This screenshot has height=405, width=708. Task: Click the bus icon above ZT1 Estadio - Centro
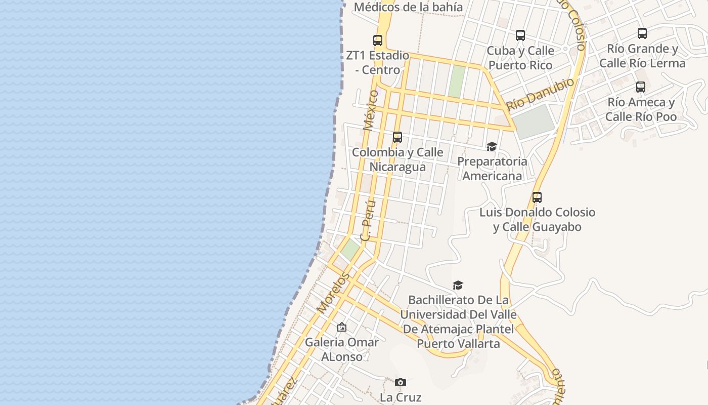point(377,40)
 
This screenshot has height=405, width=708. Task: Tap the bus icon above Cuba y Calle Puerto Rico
point(520,35)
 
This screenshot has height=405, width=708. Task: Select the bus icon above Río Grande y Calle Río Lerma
point(642,33)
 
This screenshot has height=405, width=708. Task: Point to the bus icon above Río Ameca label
point(640,87)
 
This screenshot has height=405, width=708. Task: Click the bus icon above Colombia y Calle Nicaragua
point(397,137)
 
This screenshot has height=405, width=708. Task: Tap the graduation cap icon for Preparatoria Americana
point(491,147)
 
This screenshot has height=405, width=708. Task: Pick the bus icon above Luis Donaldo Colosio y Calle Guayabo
point(537,197)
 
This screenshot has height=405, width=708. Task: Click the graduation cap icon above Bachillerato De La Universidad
point(458,286)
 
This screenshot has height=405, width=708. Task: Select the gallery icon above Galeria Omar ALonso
point(342,328)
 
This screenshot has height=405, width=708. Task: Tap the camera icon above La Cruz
point(400,382)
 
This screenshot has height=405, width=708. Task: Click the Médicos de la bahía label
point(408,7)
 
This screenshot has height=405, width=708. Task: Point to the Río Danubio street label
point(541,94)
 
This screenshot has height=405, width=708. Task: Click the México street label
point(371,110)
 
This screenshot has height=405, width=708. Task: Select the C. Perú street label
point(368,220)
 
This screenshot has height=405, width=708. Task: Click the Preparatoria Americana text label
point(492,169)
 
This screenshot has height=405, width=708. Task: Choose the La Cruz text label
point(401,397)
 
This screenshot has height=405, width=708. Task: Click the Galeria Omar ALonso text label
point(341,349)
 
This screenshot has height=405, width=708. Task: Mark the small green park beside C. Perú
point(350,249)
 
